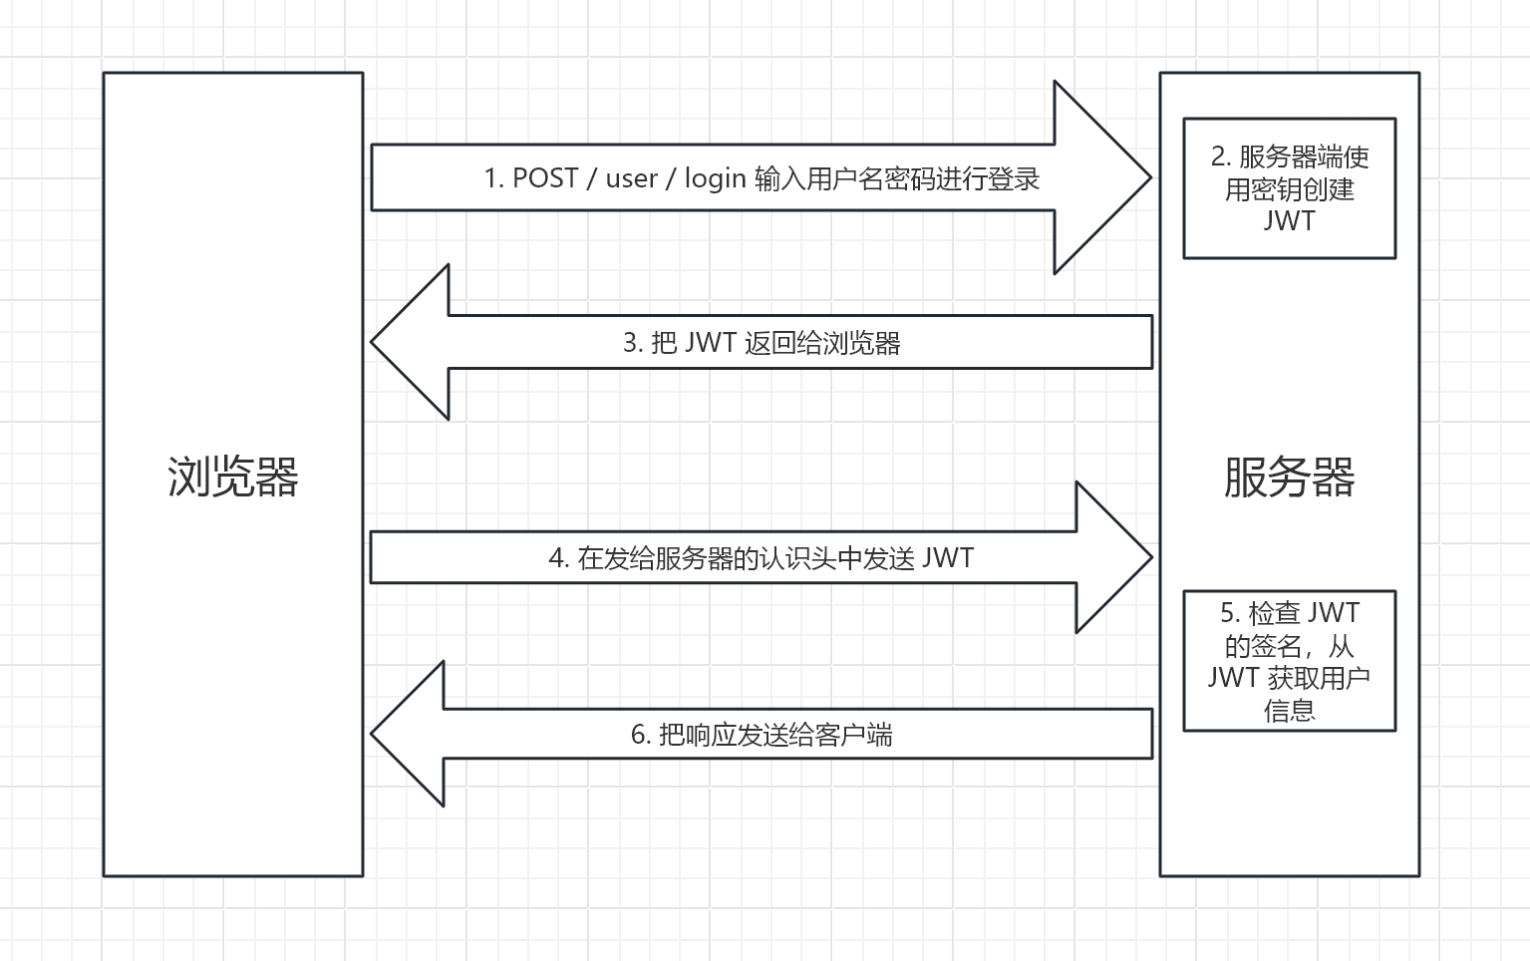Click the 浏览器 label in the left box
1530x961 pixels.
point(233,477)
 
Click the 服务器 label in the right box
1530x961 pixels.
point(1289,477)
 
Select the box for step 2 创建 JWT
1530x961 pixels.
point(1289,188)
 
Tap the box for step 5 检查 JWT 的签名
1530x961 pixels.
point(1289,661)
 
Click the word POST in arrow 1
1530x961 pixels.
point(545,178)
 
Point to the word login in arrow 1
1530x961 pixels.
point(715,178)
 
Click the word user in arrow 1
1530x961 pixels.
point(632,178)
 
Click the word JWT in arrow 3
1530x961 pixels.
point(710,343)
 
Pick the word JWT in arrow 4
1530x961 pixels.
point(947,558)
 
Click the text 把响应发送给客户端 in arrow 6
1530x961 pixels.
point(775,736)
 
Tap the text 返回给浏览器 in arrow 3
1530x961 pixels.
point(822,343)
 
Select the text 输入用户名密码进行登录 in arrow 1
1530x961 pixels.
point(897,178)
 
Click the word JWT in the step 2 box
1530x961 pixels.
point(1289,221)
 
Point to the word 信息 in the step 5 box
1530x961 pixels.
point(1289,711)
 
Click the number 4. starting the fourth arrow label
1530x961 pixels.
point(558,558)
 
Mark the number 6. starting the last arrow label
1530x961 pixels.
point(641,736)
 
